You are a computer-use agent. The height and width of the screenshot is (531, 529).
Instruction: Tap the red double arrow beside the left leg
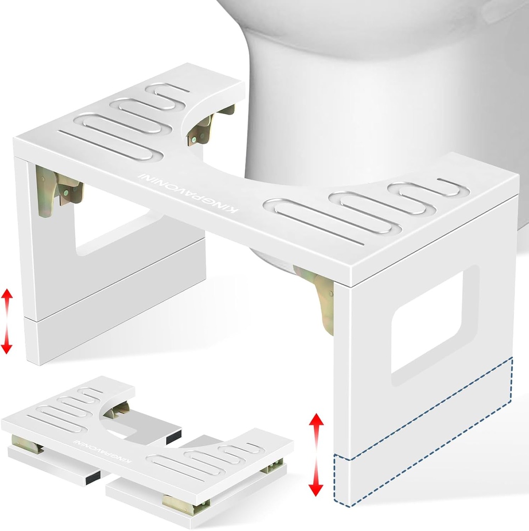click(7, 321)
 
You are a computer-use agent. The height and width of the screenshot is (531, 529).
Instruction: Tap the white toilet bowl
click(379, 93)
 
